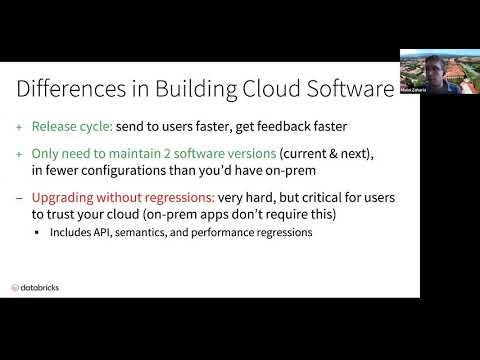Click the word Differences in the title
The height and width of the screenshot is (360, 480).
(71, 88)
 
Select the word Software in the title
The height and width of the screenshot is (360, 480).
(350, 88)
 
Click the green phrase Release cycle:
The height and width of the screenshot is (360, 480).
(72, 127)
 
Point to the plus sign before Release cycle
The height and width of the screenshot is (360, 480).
(19, 127)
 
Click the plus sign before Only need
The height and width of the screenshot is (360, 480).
(19, 154)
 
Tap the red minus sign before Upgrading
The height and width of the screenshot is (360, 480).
(19, 198)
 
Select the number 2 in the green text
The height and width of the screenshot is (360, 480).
(167, 154)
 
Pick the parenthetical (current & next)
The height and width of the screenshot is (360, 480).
(326, 154)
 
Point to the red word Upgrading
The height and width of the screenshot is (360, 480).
(63, 198)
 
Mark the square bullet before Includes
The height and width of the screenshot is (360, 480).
(37, 233)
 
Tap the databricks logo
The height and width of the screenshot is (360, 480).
(35, 288)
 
